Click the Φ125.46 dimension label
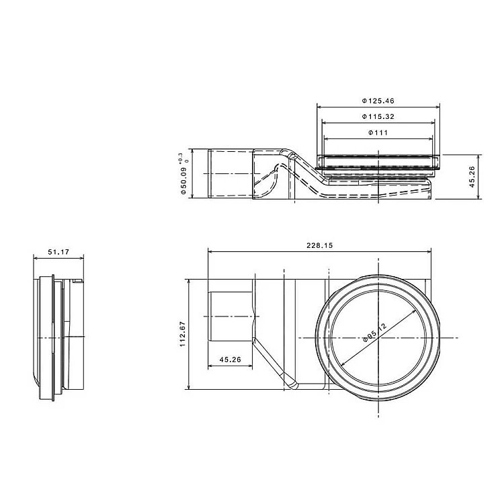click(378, 101)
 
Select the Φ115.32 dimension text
click(378, 117)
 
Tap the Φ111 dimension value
click(378, 132)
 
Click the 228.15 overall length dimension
click(319, 245)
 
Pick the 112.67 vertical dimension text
click(183, 334)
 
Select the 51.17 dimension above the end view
click(58, 252)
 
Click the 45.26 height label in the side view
click(472, 177)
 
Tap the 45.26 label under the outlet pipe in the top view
click(230, 360)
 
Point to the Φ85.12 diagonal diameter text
click(374, 333)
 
